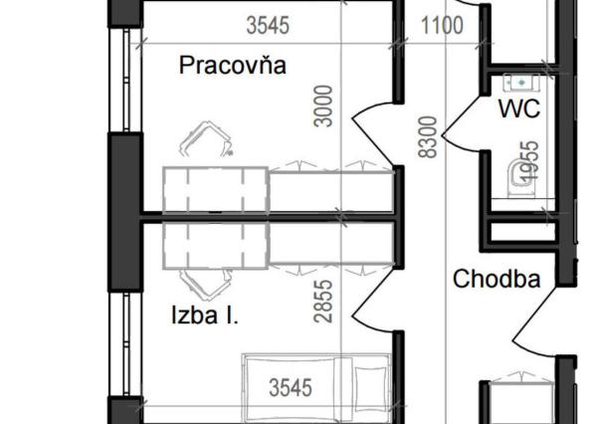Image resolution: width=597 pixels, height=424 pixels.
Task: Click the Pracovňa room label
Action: tap(233, 67)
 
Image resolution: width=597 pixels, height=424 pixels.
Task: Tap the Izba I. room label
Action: tap(204, 317)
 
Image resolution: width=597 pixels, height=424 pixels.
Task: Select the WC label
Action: tap(519, 108)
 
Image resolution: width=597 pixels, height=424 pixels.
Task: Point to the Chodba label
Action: tap(497, 280)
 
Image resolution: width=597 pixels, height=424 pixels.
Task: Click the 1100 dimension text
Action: tap(441, 25)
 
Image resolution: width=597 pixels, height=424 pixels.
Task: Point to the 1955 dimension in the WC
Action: tap(530, 162)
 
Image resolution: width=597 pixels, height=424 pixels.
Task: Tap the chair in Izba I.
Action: tap(205, 284)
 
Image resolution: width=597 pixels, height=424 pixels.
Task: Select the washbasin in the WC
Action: tap(519, 82)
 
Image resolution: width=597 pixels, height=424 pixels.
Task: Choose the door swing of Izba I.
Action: tap(371, 299)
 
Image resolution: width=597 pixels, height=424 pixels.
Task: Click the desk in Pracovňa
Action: tap(216, 188)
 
